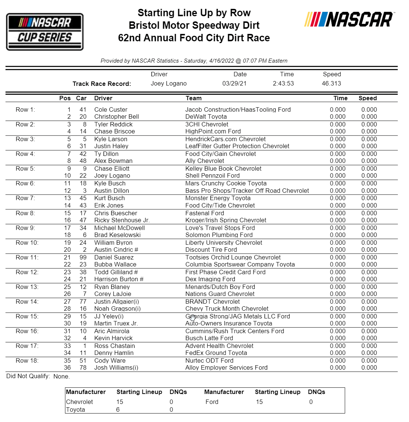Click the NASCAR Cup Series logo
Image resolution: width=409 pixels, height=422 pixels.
tap(45, 32)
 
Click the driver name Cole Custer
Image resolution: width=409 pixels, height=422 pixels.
tap(111, 109)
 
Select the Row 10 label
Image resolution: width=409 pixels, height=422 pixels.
tap(27, 243)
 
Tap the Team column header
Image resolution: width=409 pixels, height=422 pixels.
tap(193, 98)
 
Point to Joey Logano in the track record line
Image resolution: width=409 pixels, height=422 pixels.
tap(168, 83)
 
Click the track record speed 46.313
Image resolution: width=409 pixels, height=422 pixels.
tap(331, 83)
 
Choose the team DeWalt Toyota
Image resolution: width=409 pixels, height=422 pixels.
tap(206, 116)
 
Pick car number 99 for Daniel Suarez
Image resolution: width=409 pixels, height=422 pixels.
tap(83, 257)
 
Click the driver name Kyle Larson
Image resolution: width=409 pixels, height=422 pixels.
tap(111, 139)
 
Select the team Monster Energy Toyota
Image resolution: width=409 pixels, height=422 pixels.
tap(218, 198)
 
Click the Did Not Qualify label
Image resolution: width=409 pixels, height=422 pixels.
tap(28, 376)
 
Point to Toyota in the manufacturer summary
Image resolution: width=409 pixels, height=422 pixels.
tap(76, 409)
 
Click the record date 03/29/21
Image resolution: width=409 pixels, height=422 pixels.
tap(234, 83)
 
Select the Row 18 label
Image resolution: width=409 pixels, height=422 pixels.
tap(27, 360)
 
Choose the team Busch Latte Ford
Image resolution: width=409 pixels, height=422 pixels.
tap(209, 338)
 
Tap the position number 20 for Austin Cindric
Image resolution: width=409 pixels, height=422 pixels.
tap(67, 250)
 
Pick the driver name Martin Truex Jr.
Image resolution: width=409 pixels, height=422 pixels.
tap(116, 323)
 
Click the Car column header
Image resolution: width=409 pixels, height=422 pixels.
tap(81, 98)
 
